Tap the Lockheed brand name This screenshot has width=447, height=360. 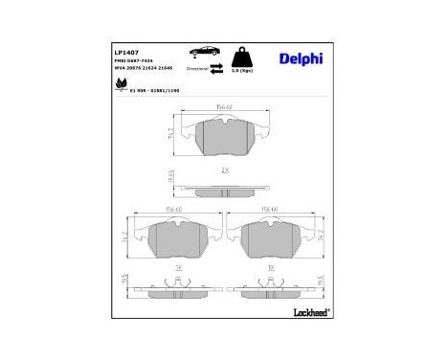[305, 313]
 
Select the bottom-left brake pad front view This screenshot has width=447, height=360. [177, 240]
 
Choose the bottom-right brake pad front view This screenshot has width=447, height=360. [272, 240]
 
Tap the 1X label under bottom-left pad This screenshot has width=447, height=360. [178, 269]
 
